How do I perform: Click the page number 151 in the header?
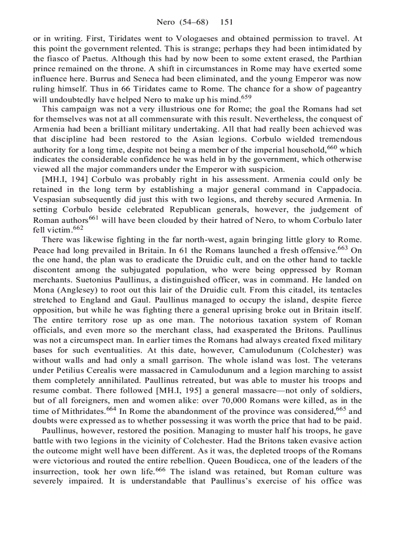click(x=227, y=22)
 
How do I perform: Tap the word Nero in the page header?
click(x=166, y=22)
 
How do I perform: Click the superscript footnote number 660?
click(x=332, y=147)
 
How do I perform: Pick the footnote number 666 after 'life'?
click(x=245, y=468)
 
